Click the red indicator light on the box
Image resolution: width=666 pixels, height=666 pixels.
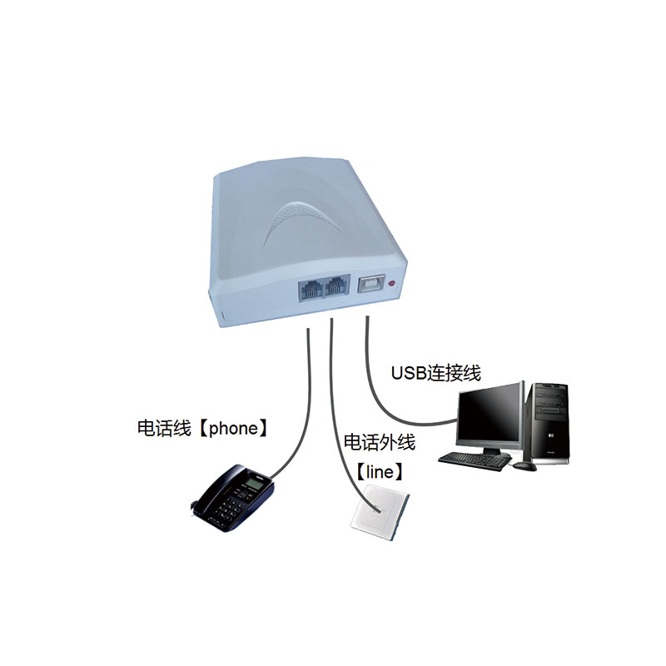click(393, 286)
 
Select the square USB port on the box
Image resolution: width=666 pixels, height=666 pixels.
click(369, 285)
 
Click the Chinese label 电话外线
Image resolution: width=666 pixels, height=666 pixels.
click(379, 442)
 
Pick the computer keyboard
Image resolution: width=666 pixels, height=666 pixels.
click(474, 459)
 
